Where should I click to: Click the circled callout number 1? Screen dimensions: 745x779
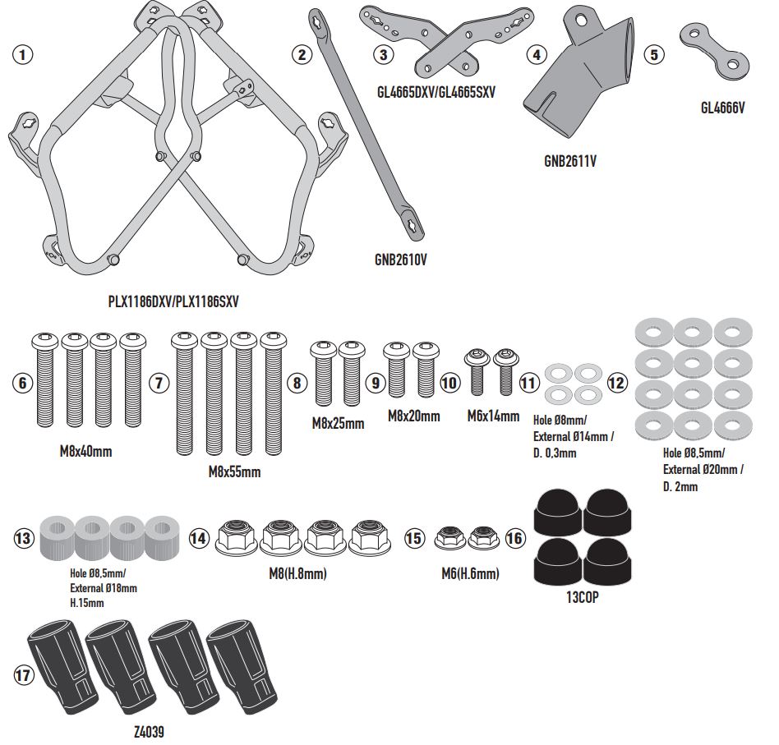click(x=24, y=56)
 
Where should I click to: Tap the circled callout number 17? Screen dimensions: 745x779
click(x=24, y=675)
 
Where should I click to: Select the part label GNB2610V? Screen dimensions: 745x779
click(x=400, y=260)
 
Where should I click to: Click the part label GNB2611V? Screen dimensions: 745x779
click(x=570, y=161)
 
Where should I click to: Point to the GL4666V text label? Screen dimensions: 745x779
click(x=723, y=107)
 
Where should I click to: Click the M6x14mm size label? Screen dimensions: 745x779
click(x=492, y=416)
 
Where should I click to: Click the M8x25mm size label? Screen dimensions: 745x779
click(x=338, y=424)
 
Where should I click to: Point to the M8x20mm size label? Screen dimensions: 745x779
click(x=413, y=416)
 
